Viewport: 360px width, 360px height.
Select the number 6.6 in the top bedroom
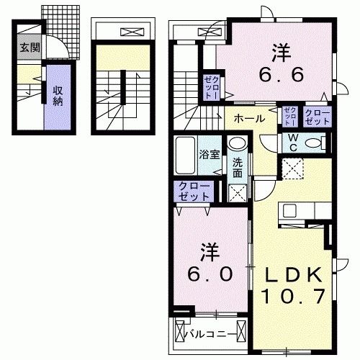pyautogui.click(x=279, y=74)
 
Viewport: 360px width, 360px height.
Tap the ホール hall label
pyautogui.click(x=246, y=117)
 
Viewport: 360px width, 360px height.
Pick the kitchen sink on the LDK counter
pyautogui.click(x=291, y=211)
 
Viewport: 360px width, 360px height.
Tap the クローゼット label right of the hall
pyautogui.click(x=317, y=117)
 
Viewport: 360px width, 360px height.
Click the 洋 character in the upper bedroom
pyautogui.click(x=279, y=52)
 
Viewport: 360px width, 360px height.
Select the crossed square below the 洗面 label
pyautogui.click(x=237, y=192)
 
